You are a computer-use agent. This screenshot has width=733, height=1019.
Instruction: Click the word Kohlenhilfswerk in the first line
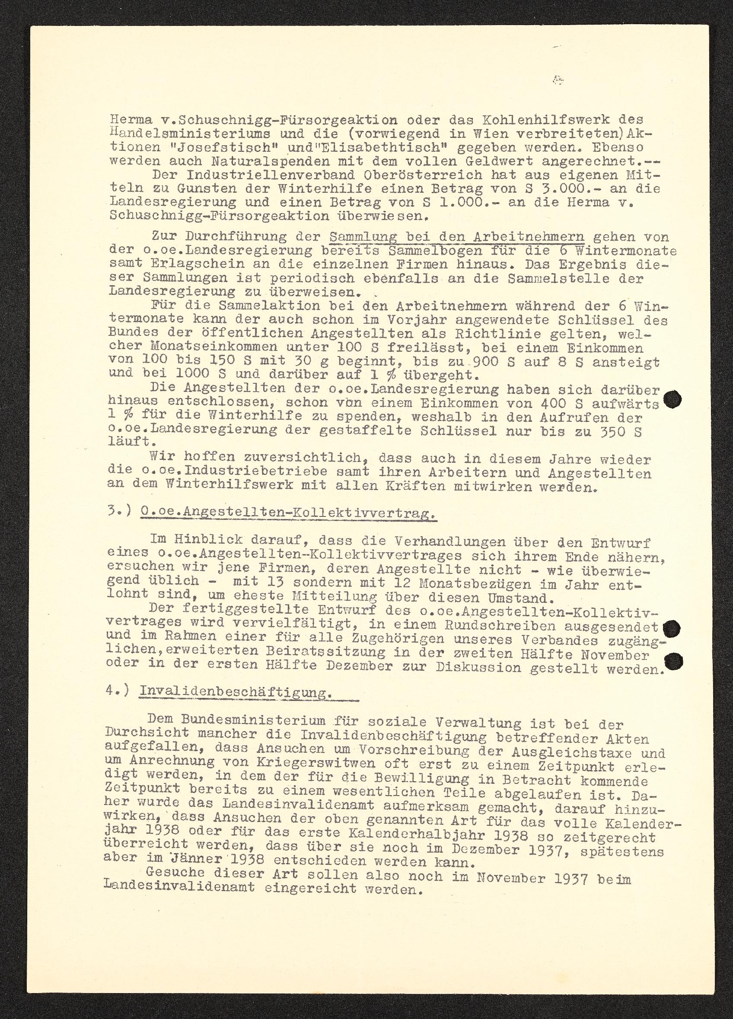pyautogui.click(x=534, y=120)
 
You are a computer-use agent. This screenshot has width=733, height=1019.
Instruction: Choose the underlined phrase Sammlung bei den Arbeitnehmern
pyautogui.click(x=456, y=237)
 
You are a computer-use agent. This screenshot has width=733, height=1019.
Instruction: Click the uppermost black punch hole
pyautogui.click(x=672, y=399)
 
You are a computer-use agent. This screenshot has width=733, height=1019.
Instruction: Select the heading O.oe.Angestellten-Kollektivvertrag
pyautogui.click(x=288, y=513)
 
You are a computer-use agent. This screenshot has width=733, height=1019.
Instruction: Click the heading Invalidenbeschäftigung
pyautogui.click(x=236, y=692)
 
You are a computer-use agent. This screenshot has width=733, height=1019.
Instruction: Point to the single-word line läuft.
pyautogui.click(x=129, y=442)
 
